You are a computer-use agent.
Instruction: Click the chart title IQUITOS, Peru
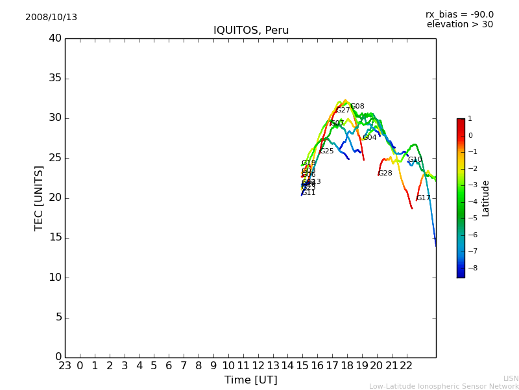(x=251, y=31)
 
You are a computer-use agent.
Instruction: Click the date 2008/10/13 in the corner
(x=51, y=18)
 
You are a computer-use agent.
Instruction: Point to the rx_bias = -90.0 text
(x=459, y=14)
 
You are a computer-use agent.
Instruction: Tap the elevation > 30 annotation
(x=459, y=25)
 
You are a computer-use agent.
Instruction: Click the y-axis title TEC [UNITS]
(x=40, y=198)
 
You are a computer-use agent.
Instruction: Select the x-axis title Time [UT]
(x=250, y=380)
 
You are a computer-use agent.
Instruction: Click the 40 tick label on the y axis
(x=54, y=38)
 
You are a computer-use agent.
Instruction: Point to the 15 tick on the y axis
(x=54, y=237)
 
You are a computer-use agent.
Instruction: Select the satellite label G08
(x=357, y=107)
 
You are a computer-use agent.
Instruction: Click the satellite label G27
(x=343, y=110)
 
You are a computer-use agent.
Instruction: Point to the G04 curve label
(x=370, y=138)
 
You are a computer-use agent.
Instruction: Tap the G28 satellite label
(x=385, y=174)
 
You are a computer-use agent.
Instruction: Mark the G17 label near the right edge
(x=424, y=198)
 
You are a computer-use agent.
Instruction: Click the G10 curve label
(x=415, y=160)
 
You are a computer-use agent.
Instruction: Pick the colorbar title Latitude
(x=486, y=198)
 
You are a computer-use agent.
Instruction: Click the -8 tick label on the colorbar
(x=470, y=267)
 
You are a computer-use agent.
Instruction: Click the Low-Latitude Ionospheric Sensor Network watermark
(x=444, y=387)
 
